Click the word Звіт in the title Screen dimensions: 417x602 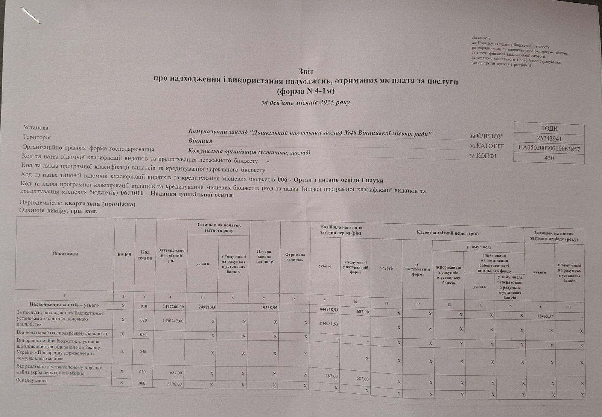click(x=306, y=71)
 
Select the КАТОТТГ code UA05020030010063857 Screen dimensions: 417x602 click(x=549, y=149)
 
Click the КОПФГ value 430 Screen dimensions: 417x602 click(x=549, y=158)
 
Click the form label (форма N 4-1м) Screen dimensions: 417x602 click(x=305, y=91)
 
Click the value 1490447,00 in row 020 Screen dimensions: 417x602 click(x=172, y=321)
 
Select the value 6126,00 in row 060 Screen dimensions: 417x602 click(x=175, y=384)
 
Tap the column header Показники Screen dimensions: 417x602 click(x=65, y=254)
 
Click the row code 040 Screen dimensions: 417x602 click(x=143, y=352)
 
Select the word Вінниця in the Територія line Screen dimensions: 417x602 click(x=200, y=141)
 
